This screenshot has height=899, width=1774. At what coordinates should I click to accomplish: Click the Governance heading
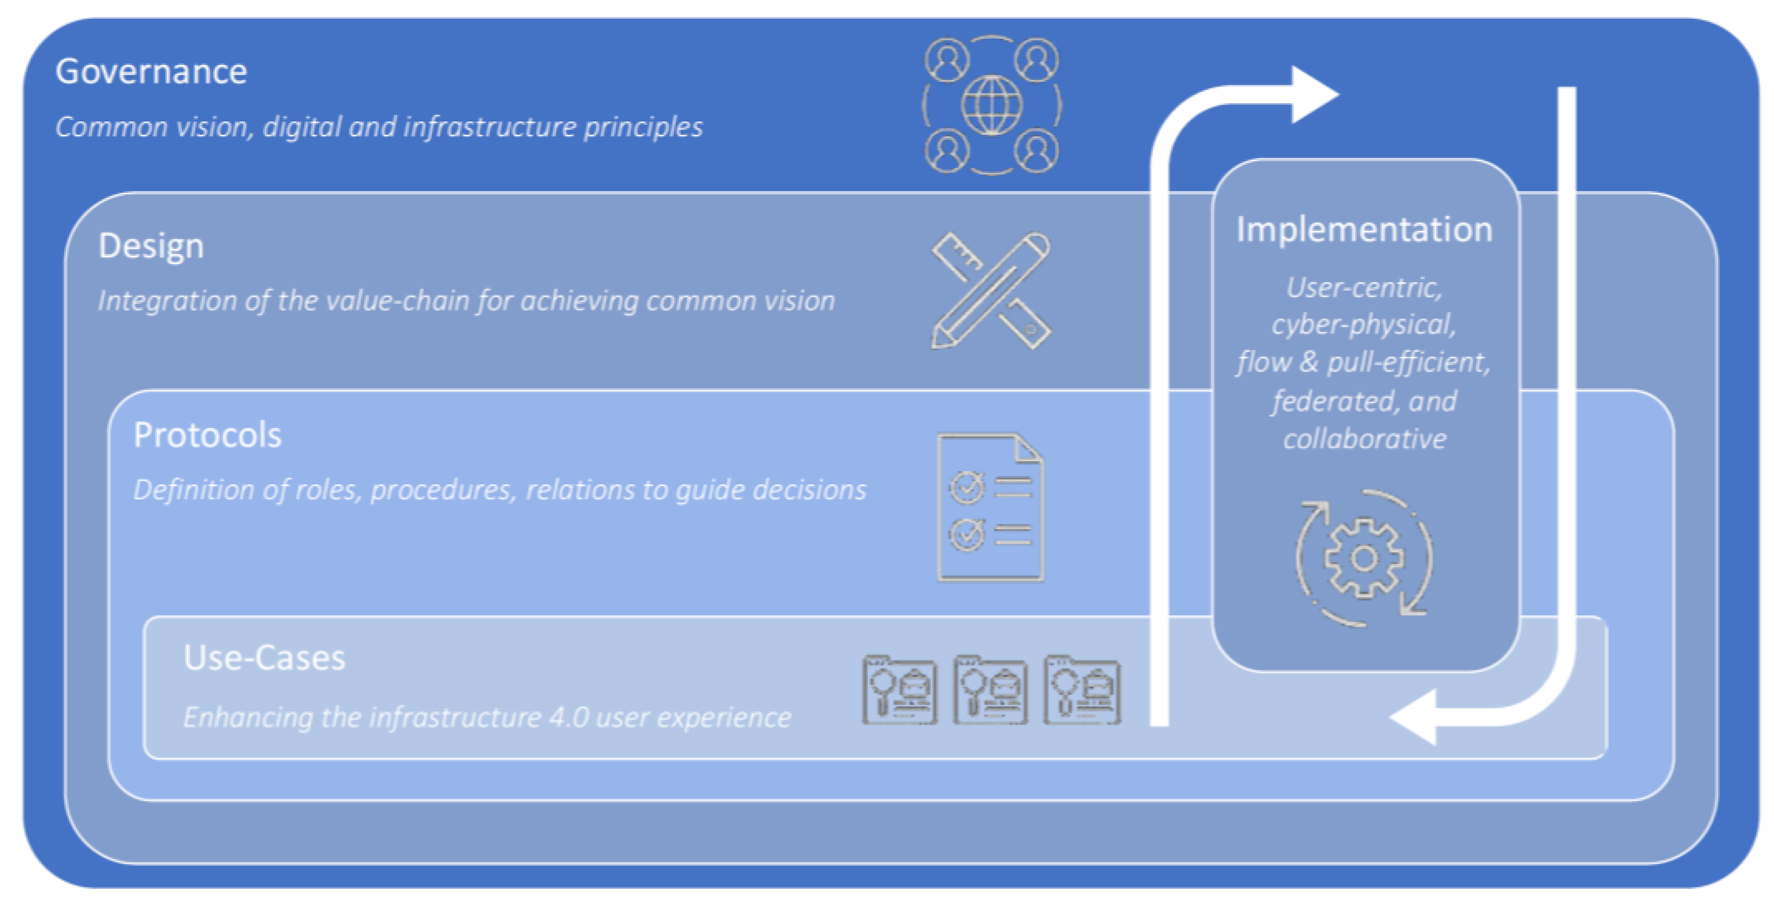(x=151, y=72)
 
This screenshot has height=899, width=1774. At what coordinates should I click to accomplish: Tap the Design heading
(x=151, y=246)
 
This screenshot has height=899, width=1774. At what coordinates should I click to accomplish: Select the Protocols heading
(x=207, y=435)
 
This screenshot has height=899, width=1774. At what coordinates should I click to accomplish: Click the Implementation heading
(x=1364, y=229)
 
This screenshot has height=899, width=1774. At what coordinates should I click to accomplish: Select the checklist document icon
(x=990, y=507)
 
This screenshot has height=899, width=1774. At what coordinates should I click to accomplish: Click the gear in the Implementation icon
(x=1364, y=558)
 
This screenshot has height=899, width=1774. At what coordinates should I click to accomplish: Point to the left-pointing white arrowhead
(x=1415, y=717)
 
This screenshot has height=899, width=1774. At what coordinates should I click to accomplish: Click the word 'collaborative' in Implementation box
(x=1364, y=439)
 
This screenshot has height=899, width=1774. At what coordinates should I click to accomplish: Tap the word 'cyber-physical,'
(x=1364, y=325)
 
